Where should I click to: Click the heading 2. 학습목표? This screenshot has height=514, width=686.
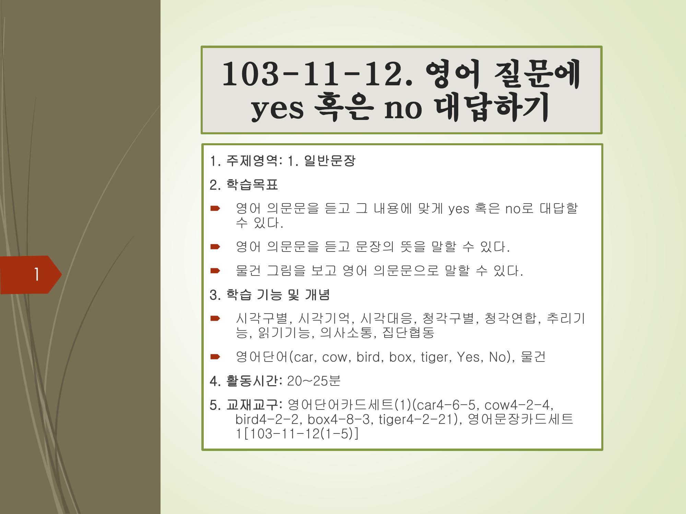[x=244, y=185]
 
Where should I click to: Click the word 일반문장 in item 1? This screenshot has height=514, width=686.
[x=330, y=161]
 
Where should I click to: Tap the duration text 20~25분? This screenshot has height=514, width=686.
[x=314, y=381]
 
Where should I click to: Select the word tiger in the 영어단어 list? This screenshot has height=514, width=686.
[x=435, y=357]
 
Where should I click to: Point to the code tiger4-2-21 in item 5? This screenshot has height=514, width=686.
[x=416, y=419]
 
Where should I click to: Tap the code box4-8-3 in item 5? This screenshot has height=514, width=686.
[x=339, y=419]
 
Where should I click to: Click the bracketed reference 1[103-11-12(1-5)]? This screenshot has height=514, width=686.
[x=297, y=434]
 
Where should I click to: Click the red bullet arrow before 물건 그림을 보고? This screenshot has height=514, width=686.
[x=215, y=271]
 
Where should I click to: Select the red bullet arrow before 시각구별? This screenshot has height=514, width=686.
[x=215, y=318]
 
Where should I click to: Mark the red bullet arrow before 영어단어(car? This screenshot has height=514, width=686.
[x=215, y=357]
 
